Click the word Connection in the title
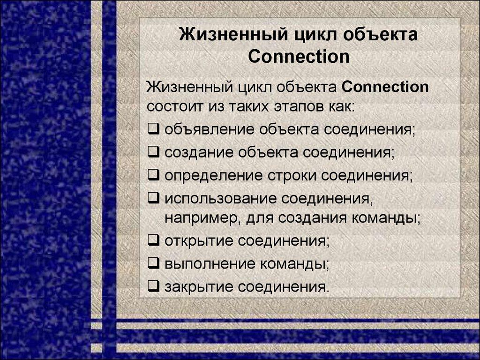(x=299, y=57)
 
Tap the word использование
(x=219, y=199)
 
